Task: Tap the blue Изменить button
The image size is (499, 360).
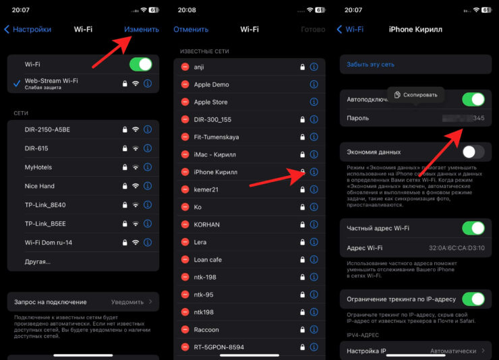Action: (x=142, y=30)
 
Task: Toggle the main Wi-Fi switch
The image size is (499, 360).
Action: (x=140, y=64)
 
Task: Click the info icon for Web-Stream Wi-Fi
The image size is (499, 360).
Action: (x=148, y=84)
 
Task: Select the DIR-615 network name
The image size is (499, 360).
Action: (x=36, y=148)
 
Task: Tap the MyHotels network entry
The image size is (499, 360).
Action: (x=38, y=167)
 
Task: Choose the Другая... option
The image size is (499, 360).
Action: (x=37, y=261)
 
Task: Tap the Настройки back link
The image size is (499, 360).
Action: (x=28, y=30)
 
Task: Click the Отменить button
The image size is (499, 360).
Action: (x=190, y=30)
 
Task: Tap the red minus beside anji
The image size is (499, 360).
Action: (x=185, y=67)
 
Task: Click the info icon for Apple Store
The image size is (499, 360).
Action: (x=314, y=102)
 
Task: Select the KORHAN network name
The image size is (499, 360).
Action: (x=208, y=224)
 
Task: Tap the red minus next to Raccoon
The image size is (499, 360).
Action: (x=185, y=330)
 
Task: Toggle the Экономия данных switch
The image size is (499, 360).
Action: (x=473, y=152)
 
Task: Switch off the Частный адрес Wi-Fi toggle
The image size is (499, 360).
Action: (x=473, y=229)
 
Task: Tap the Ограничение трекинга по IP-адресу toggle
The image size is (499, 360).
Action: (x=473, y=299)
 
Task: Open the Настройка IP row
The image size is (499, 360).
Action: (x=415, y=351)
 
